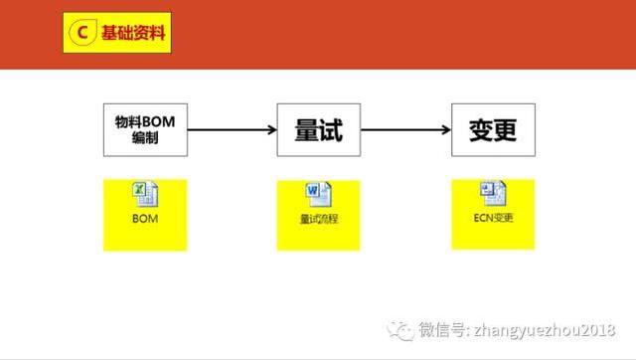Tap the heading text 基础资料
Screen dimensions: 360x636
[132, 34]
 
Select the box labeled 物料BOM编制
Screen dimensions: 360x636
[144, 129]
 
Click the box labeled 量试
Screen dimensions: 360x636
[319, 129]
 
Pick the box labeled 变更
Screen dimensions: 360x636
[493, 129]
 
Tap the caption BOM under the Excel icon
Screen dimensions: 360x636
[144, 217]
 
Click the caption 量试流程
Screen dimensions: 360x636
[318, 218]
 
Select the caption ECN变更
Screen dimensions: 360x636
[493, 218]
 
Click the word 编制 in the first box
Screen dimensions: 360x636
[144, 138]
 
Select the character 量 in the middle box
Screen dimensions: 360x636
[306, 129]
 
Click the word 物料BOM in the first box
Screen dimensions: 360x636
[144, 121]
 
